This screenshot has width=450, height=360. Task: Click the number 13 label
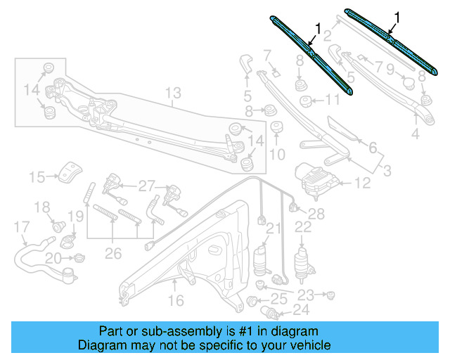click(x=173, y=92)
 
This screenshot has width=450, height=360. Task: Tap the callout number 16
click(x=175, y=300)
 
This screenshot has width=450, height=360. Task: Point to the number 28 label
click(x=317, y=214)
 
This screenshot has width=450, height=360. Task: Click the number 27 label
click(x=146, y=186)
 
